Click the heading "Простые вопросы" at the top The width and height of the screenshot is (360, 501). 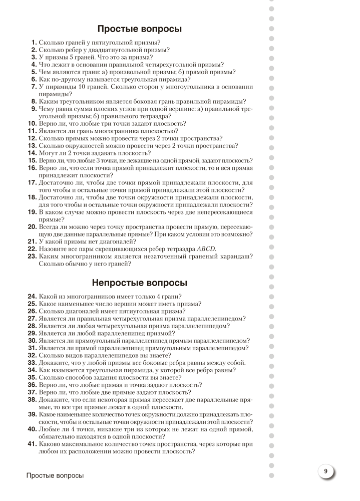click(139, 29)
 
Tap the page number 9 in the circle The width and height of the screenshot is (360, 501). click(325, 471)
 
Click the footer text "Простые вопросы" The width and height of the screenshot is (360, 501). click(55, 475)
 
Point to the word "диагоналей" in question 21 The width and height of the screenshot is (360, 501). click(113, 241)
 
